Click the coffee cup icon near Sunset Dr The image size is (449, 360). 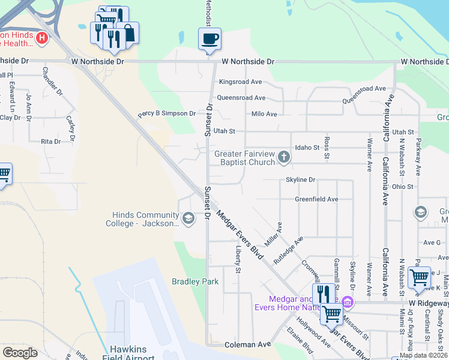coord(209,39)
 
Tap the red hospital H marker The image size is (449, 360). coord(42,39)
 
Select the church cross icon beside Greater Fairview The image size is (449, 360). coord(283,158)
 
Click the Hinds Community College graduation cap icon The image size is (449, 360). coord(188,218)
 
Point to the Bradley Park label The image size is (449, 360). coord(195,281)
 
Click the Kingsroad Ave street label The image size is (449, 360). coord(240,82)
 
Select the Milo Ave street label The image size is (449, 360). coord(264,114)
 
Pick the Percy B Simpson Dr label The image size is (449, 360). coord(167,113)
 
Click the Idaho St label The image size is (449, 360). coord(306,148)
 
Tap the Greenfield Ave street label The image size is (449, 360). coord(316,199)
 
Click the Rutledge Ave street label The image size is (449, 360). coord(289,250)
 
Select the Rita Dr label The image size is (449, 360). coord(50,142)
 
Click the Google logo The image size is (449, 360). coord(20,353)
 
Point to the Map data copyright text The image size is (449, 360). coord(423,355)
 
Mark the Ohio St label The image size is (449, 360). coord(403,187)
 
